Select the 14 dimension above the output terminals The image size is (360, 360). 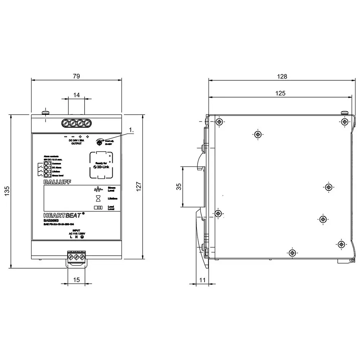click(76, 95)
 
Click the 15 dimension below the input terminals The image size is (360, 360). click(76, 280)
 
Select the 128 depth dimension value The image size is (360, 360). click(282, 76)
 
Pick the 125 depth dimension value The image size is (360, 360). click(280, 93)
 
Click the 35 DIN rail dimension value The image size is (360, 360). click(179, 186)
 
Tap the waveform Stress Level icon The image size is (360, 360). click(98, 189)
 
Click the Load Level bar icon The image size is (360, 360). click(98, 208)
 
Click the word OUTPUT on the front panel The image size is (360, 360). click(76, 143)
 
